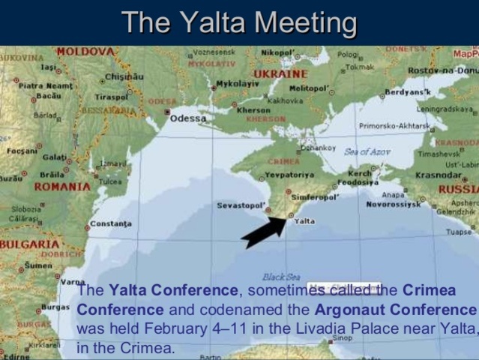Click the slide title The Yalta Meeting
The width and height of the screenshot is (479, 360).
(x=240, y=22)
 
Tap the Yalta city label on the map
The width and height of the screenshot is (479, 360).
(x=304, y=221)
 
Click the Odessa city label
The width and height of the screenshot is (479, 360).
(x=188, y=118)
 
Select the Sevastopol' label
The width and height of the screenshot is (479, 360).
(x=240, y=205)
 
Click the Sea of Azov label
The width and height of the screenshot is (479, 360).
(x=367, y=151)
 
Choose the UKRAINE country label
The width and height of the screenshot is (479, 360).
(x=280, y=74)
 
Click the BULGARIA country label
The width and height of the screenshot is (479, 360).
(x=29, y=244)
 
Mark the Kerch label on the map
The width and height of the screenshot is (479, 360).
(x=360, y=173)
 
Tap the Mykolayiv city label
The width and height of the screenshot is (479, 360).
(x=237, y=85)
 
